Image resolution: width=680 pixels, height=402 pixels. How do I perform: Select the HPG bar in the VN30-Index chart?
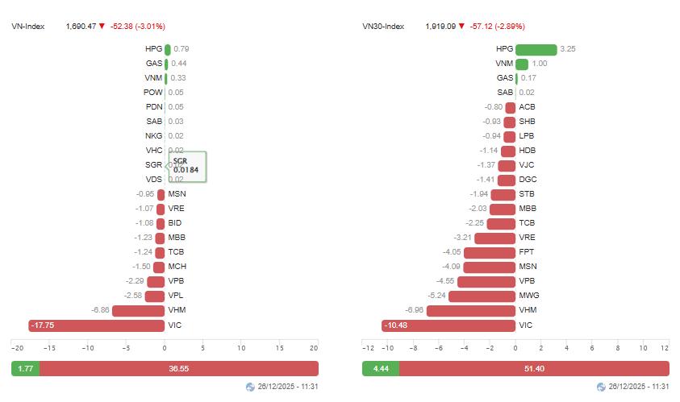pyautogui.click(x=536, y=49)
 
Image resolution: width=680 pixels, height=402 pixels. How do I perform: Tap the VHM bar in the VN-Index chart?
pyautogui.click(x=138, y=311)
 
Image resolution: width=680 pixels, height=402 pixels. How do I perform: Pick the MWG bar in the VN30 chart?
pyautogui.click(x=482, y=296)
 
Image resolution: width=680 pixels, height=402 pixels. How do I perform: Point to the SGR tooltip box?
pyautogui.click(x=186, y=166)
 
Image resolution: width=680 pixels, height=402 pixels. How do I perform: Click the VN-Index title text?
pyautogui.click(x=27, y=27)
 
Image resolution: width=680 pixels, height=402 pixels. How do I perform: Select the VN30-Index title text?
pyautogui.click(x=383, y=27)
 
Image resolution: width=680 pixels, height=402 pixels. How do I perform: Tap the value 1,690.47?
pyautogui.click(x=80, y=27)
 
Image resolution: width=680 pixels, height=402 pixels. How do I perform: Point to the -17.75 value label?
pyautogui.click(x=42, y=325)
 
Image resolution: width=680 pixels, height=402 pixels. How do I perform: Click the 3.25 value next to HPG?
pyautogui.click(x=568, y=49)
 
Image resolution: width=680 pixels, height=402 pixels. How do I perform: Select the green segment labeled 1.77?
pyautogui.click(x=25, y=368)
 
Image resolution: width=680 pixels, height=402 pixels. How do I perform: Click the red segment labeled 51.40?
pyautogui.click(x=534, y=368)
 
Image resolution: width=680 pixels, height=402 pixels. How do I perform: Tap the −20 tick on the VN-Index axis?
pyautogui.click(x=16, y=348)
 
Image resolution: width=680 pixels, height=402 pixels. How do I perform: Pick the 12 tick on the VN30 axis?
pyautogui.click(x=665, y=348)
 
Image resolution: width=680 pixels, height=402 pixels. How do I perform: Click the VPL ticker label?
pyautogui.click(x=177, y=296)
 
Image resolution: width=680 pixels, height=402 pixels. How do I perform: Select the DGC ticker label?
pyautogui.click(x=528, y=180)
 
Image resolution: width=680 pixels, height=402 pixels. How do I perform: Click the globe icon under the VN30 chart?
pyautogui.click(x=600, y=387)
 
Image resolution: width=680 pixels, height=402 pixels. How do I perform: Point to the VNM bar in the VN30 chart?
pyautogui.click(x=522, y=64)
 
